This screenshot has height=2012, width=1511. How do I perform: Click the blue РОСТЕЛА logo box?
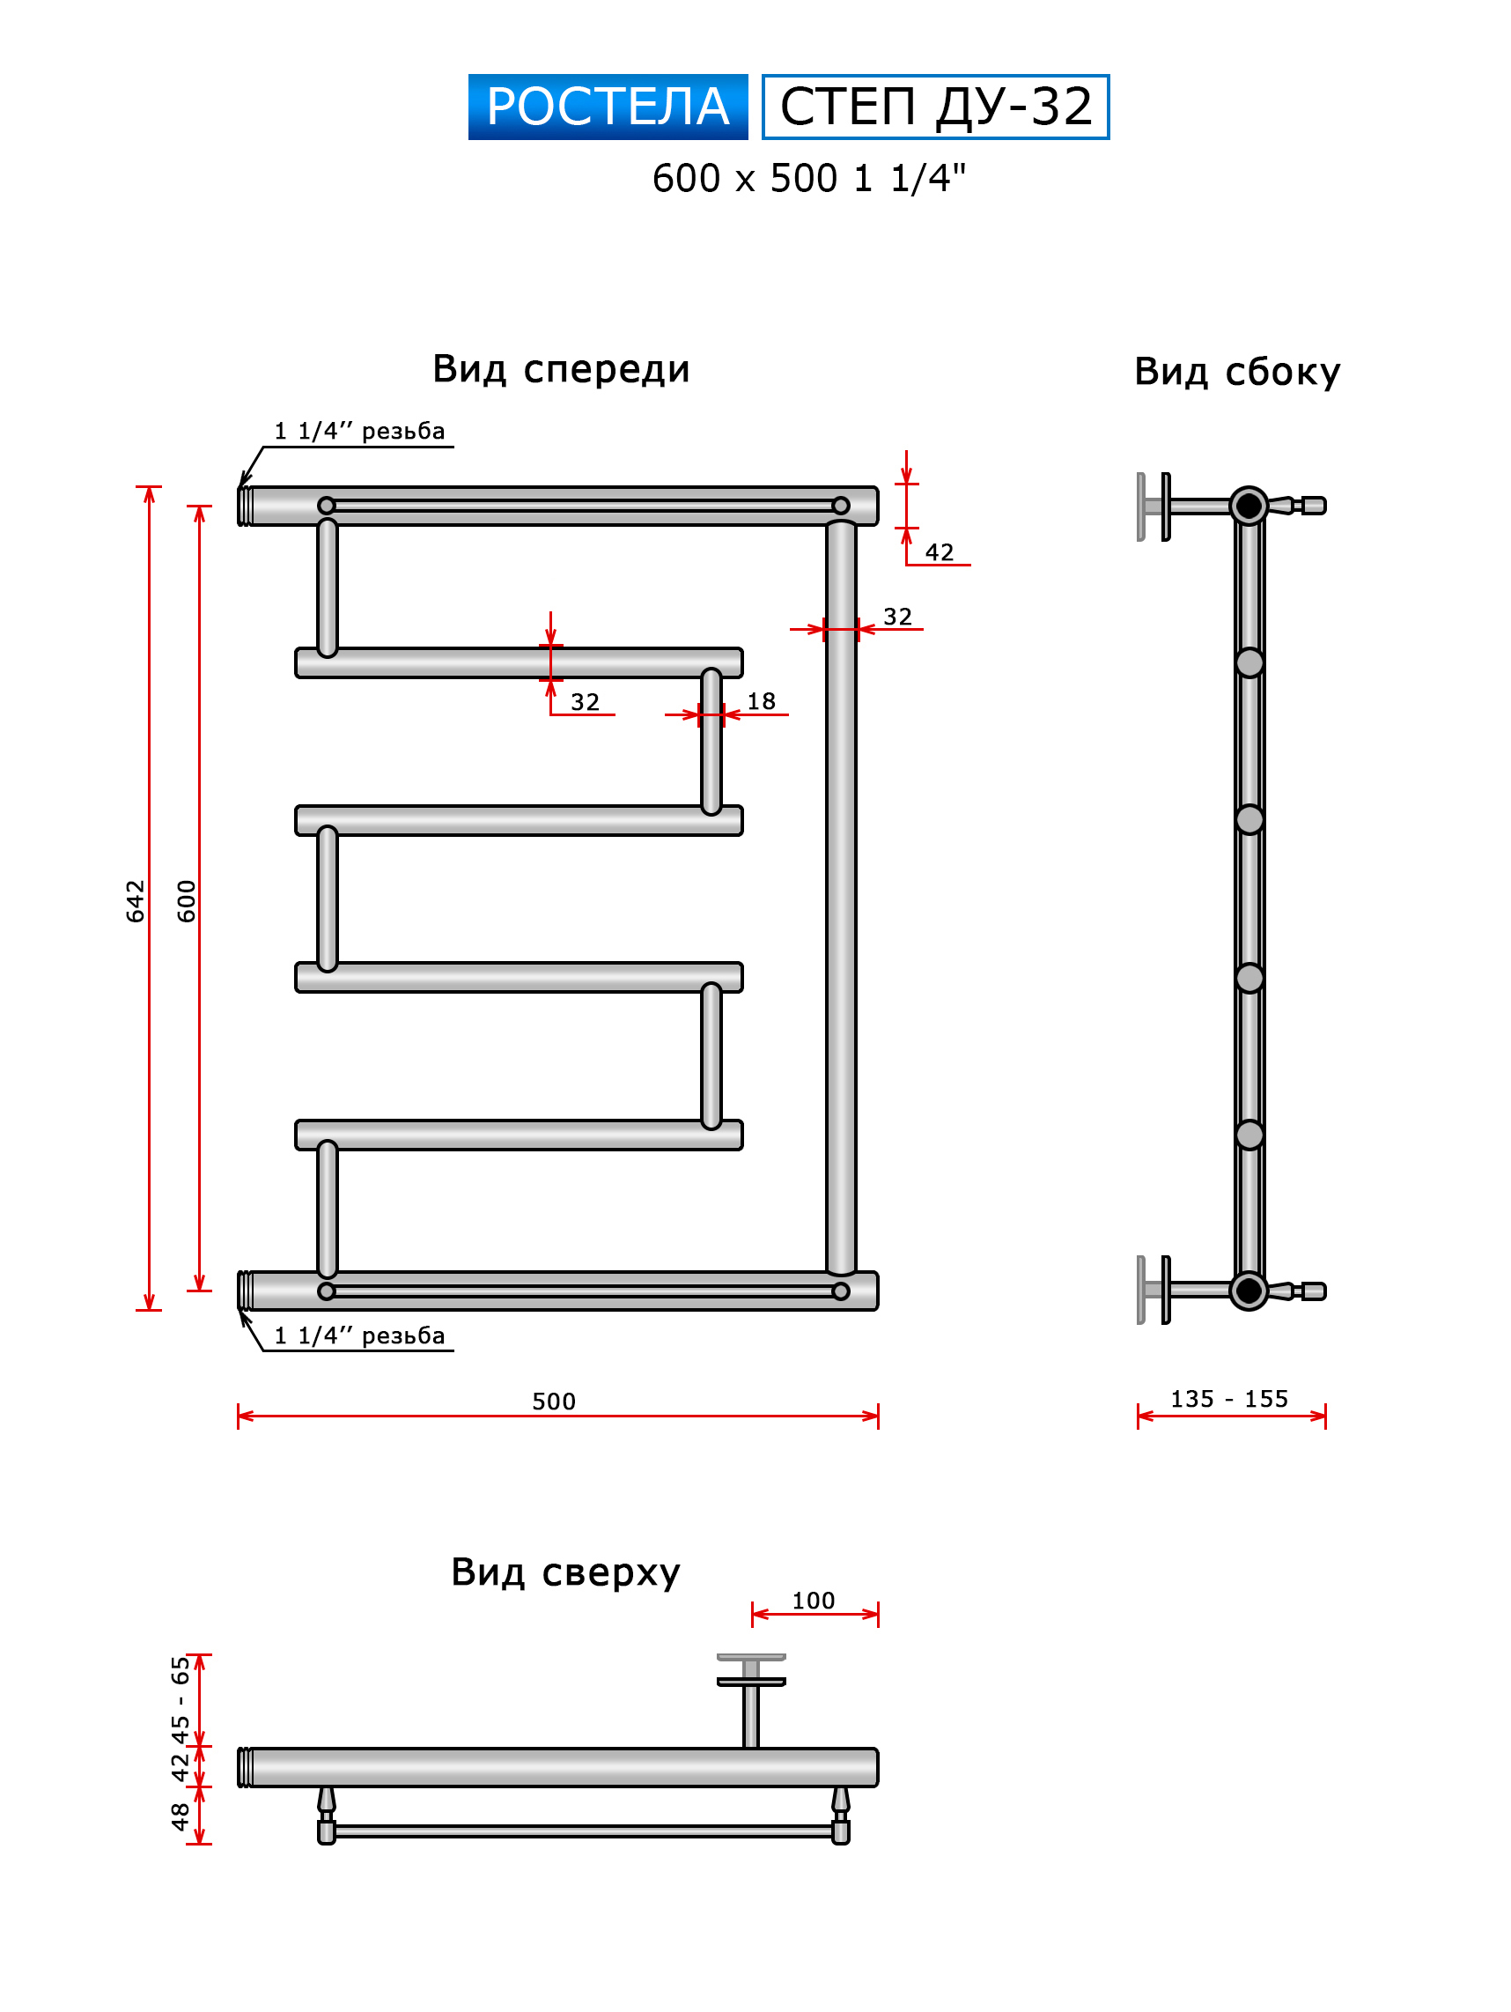click(x=607, y=107)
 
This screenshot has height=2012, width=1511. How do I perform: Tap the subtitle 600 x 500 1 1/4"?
click(x=807, y=178)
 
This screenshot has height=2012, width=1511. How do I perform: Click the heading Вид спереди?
click(x=560, y=368)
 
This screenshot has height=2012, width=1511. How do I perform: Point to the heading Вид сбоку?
click(x=1235, y=371)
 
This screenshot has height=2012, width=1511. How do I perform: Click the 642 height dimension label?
click(x=135, y=899)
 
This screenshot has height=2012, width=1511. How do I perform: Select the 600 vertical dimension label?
click(x=186, y=899)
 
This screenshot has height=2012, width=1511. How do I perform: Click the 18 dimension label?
click(x=760, y=700)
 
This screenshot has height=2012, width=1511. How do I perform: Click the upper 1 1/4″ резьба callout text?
click(x=359, y=430)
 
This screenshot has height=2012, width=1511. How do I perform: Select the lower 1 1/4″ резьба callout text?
click(x=359, y=1335)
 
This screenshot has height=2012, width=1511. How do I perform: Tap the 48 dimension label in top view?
click(x=180, y=1816)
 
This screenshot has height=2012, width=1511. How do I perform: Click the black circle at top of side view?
click(x=1248, y=505)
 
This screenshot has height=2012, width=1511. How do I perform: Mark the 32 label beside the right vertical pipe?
click(x=896, y=616)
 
